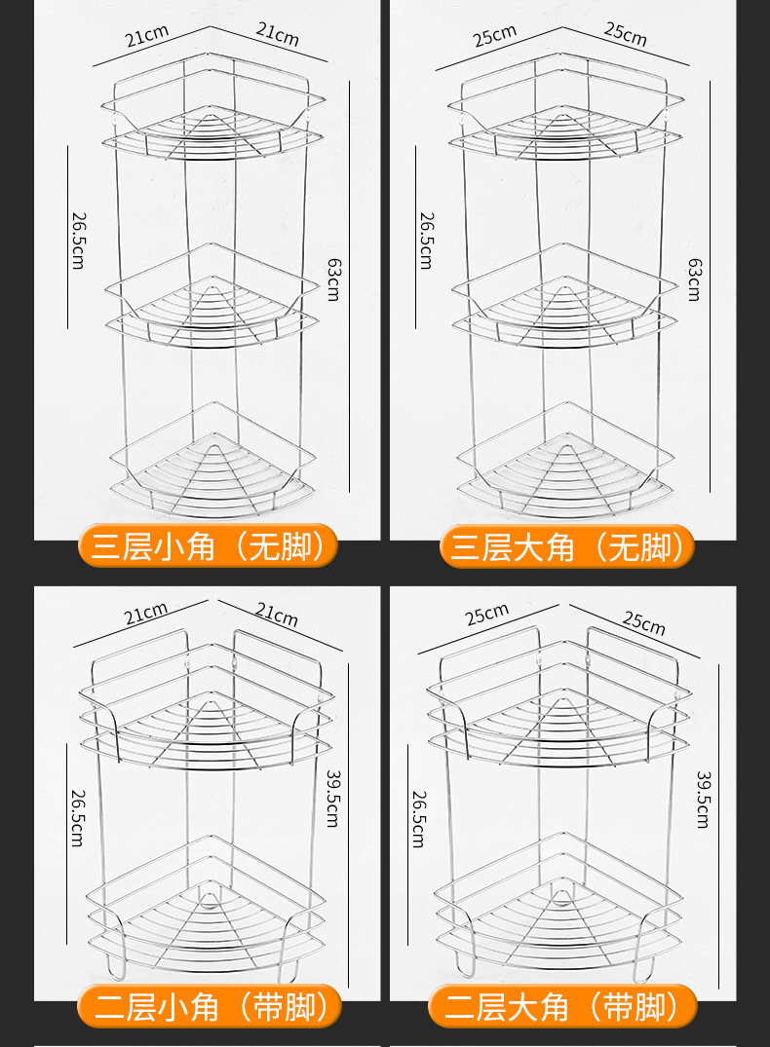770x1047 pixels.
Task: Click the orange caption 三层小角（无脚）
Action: [x=209, y=546]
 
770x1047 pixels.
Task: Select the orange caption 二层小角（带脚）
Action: [x=209, y=1005]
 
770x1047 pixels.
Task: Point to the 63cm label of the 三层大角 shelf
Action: [x=693, y=279]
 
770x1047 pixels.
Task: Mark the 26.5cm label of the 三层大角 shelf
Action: [x=426, y=240]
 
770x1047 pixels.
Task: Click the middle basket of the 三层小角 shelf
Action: [x=210, y=297]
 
